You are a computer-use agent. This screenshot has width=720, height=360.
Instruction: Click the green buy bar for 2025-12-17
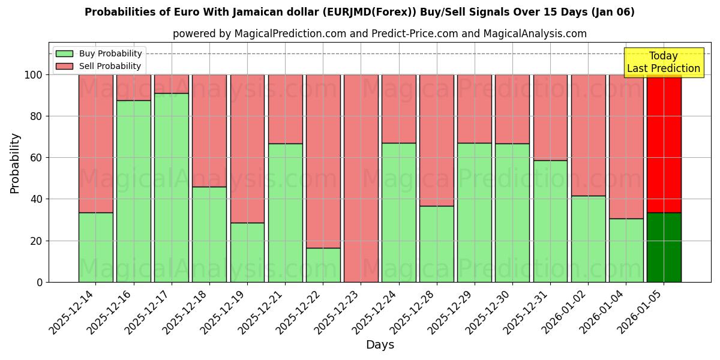tap(172, 187)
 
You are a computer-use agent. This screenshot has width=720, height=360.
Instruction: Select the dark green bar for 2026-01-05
tap(664, 247)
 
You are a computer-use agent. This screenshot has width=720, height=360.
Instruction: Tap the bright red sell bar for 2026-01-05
tap(664, 143)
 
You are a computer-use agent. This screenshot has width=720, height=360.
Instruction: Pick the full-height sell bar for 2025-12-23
tap(361, 178)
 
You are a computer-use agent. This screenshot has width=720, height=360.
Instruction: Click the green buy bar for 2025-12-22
tap(323, 265)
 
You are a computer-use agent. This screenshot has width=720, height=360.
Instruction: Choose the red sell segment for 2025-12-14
tap(96, 143)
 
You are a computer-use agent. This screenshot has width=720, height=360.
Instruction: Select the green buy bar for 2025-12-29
tap(475, 212)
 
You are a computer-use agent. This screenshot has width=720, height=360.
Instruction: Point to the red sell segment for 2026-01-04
tap(626, 146)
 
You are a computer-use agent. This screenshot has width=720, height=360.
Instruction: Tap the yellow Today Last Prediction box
tap(664, 62)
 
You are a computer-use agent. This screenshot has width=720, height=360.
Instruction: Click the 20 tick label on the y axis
tap(37, 241)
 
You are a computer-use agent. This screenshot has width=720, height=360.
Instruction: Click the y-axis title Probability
tap(15, 163)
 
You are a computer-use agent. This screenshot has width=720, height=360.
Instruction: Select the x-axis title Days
tap(380, 345)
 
